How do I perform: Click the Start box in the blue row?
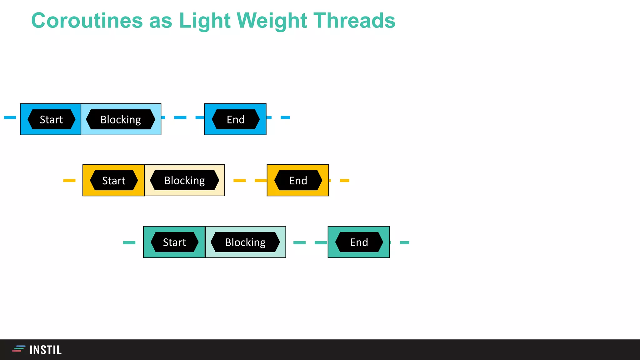point(51,119)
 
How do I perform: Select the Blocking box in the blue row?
point(121,119)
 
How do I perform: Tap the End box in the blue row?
point(235,119)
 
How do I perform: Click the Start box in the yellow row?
point(113,180)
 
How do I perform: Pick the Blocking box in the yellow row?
point(184,180)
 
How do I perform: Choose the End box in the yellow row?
point(298,180)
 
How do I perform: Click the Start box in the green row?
point(174,242)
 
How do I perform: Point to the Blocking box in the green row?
point(245,242)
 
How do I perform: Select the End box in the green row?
point(359,242)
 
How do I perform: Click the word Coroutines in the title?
point(87,21)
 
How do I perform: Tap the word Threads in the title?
point(354,21)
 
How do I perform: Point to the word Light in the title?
point(205,21)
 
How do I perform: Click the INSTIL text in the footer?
point(46,350)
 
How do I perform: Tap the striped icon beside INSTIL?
point(18,349)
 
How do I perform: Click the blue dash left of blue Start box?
point(10,117)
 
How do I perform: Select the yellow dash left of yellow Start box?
point(69,180)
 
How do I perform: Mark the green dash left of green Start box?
point(129,242)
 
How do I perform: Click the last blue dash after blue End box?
point(285,117)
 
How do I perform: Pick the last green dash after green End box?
point(404,242)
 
